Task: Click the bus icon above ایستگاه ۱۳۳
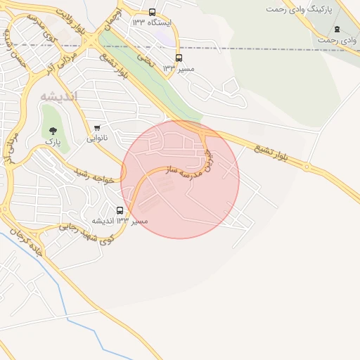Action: pyautogui.click(x=153, y=12)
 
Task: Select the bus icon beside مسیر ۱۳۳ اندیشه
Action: pyautogui.click(x=120, y=210)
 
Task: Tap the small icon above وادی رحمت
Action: pyautogui.click(x=337, y=29)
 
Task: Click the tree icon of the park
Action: pyautogui.click(x=53, y=130)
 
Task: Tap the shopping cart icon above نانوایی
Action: pyautogui.click(x=97, y=128)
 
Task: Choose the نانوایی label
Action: pyautogui.click(x=97, y=139)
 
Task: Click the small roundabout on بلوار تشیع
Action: pyautogui.click(x=307, y=167)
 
